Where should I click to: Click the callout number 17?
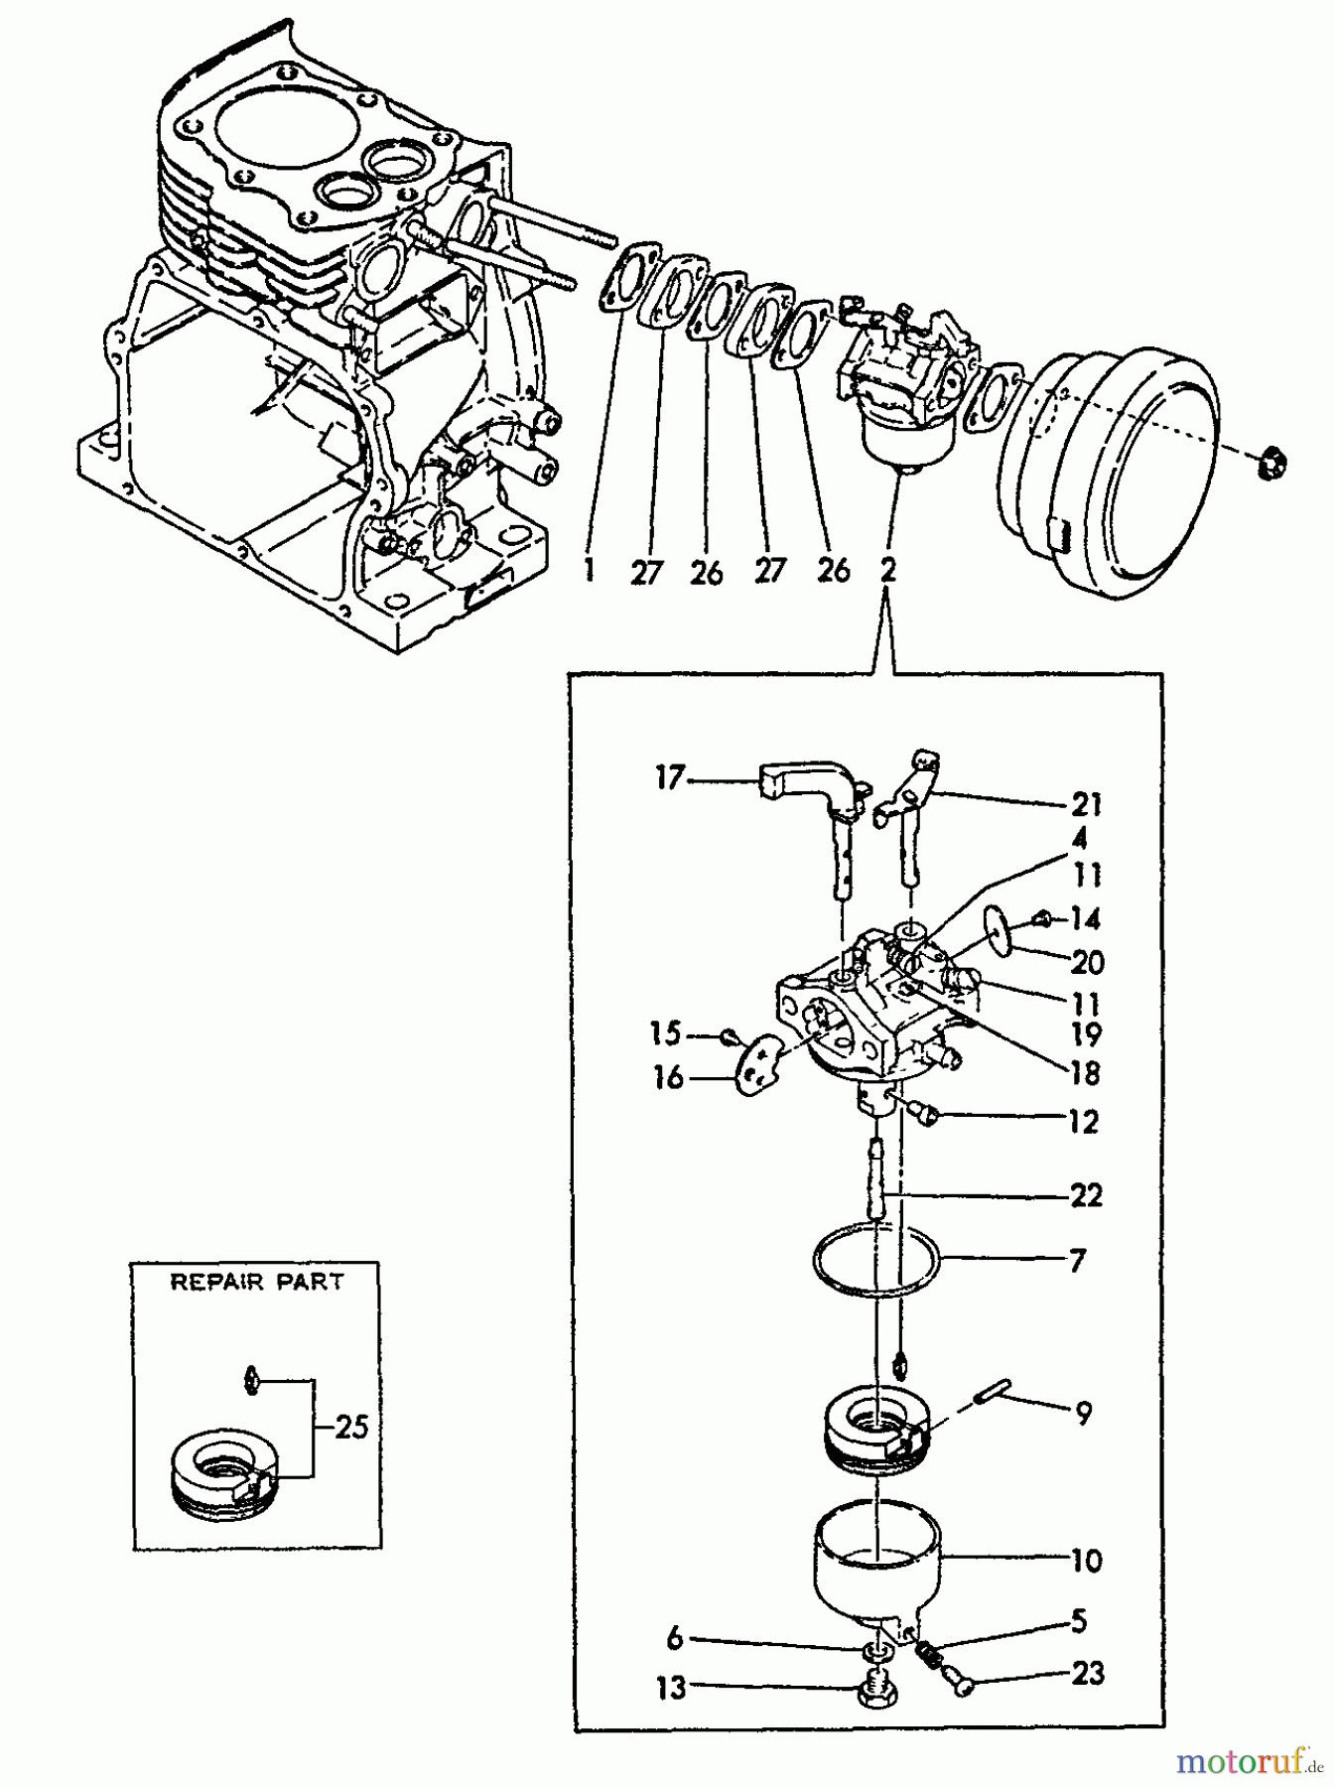[x=670, y=778]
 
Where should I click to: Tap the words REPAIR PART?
[x=257, y=1282]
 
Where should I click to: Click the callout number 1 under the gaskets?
[x=589, y=573]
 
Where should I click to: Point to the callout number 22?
[x=1086, y=1194]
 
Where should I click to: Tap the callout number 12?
[x=1084, y=1122]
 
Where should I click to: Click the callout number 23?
[x=1088, y=1674]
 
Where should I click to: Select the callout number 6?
[x=675, y=1639]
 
